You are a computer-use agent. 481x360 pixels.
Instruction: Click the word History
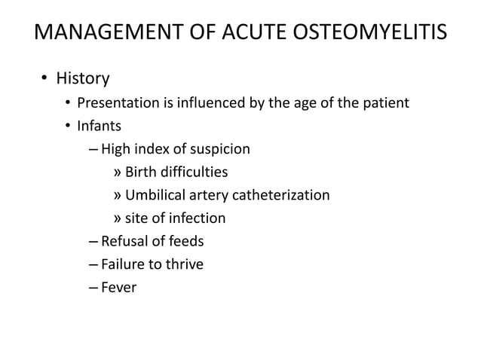tap(84, 78)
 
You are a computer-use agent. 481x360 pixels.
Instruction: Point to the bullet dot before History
tap(44, 78)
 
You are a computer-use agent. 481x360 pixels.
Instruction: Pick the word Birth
tap(141, 172)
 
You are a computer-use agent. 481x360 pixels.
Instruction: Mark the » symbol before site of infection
tap(117, 219)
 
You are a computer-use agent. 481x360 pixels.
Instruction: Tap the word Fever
tap(119, 287)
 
